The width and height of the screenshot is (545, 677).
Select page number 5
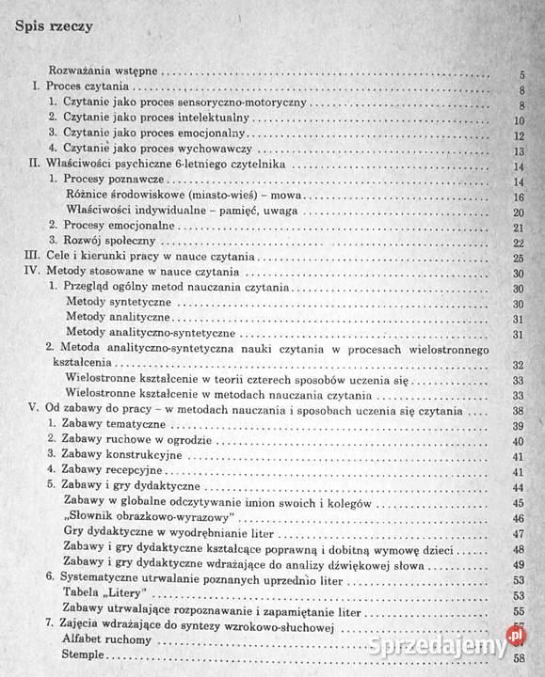click(521, 74)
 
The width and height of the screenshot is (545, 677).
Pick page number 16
click(518, 197)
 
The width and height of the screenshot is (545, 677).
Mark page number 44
click(518, 487)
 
